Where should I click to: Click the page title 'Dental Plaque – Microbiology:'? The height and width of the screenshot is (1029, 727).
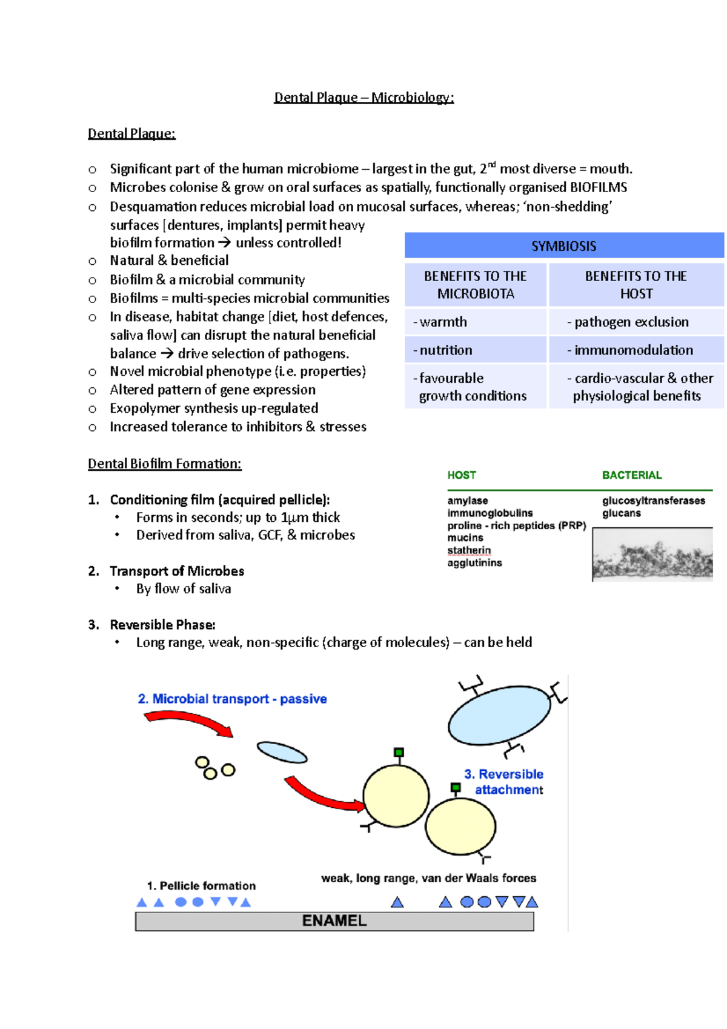pyautogui.click(x=363, y=98)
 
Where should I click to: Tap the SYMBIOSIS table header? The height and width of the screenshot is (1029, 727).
pyautogui.click(x=563, y=246)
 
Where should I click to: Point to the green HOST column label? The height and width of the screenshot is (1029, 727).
pyautogui.click(x=462, y=475)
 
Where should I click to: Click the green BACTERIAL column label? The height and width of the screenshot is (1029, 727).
pyautogui.click(x=631, y=475)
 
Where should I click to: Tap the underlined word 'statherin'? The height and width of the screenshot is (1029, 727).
pyautogui.click(x=469, y=550)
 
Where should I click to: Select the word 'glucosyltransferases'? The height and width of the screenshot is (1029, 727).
pyautogui.click(x=653, y=501)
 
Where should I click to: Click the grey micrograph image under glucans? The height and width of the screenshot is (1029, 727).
pyautogui.click(x=652, y=555)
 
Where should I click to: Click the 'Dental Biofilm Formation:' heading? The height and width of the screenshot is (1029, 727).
pyautogui.click(x=164, y=464)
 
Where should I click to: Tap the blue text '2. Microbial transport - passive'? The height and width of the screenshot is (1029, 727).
pyautogui.click(x=232, y=699)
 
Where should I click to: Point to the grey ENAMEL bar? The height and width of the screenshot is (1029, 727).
pyautogui.click(x=334, y=921)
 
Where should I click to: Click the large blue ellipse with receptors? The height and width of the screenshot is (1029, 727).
pyautogui.click(x=499, y=715)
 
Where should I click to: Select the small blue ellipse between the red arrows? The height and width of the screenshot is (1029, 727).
pyautogui.click(x=282, y=753)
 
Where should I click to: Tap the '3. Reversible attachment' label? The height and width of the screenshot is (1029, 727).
pyautogui.click(x=504, y=782)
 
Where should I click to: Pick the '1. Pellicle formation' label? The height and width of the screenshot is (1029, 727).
pyautogui.click(x=201, y=885)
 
